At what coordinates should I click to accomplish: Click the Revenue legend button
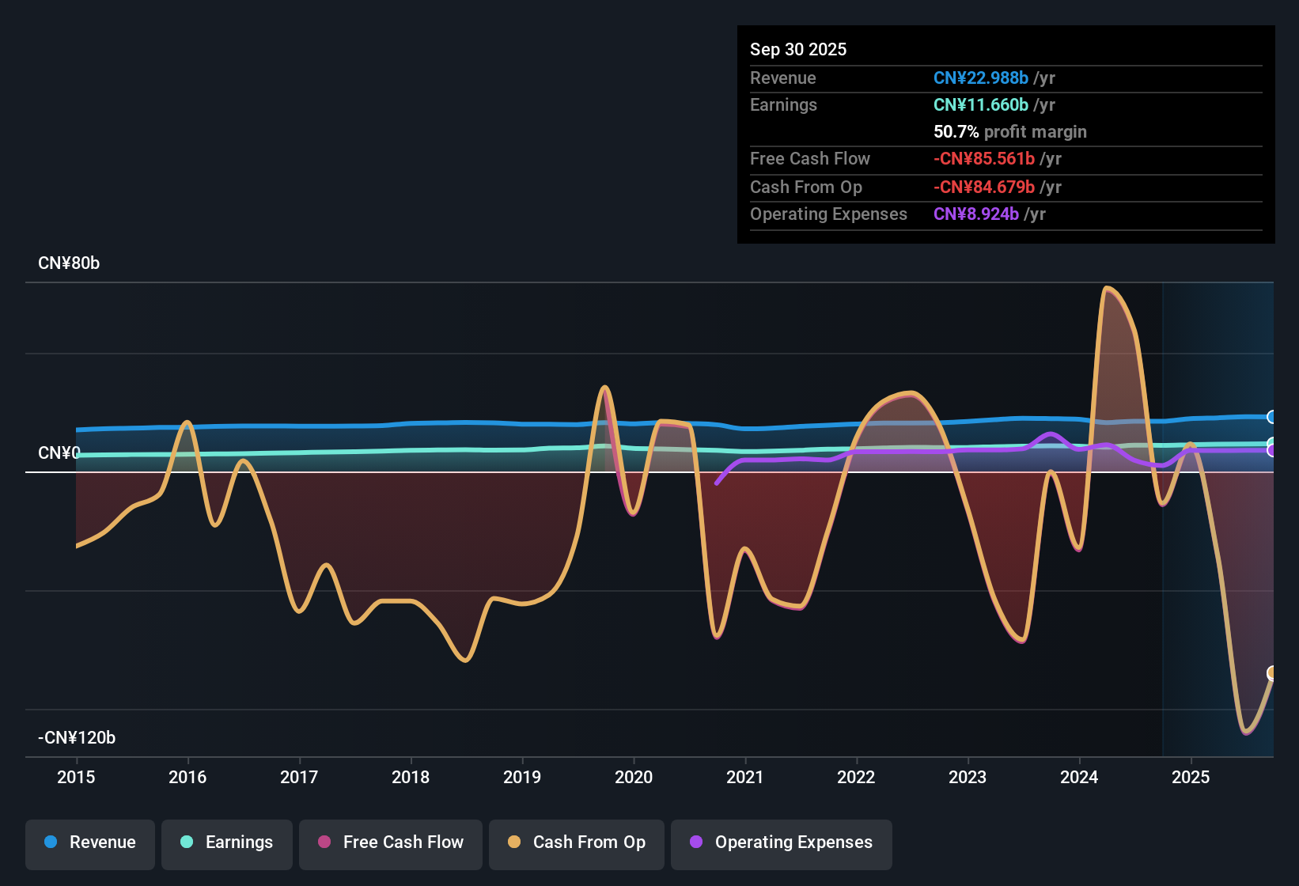pyautogui.click(x=90, y=842)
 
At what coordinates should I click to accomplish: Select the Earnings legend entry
pyautogui.click(x=227, y=842)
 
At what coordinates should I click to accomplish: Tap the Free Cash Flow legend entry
pyautogui.click(x=391, y=842)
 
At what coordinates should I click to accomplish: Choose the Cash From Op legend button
pyautogui.click(x=577, y=842)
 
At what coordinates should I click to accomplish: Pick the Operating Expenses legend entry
pyautogui.click(x=782, y=842)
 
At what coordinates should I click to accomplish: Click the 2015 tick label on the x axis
pyautogui.click(x=76, y=778)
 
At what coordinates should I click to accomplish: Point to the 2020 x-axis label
pyautogui.click(x=634, y=778)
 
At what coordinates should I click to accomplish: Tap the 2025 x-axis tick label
pyautogui.click(x=1191, y=778)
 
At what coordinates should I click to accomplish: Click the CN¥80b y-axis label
pyautogui.click(x=69, y=263)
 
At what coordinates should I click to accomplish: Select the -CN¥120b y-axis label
pyautogui.click(x=77, y=738)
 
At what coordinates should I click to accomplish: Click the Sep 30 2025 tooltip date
pyautogui.click(x=798, y=50)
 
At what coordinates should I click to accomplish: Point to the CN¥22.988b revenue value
pyautogui.click(x=981, y=78)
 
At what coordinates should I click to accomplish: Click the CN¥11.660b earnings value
pyautogui.click(x=981, y=105)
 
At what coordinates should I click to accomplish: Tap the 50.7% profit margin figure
pyautogui.click(x=956, y=132)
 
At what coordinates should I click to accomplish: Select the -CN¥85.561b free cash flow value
pyautogui.click(x=984, y=159)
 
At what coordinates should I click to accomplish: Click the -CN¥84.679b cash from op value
pyautogui.click(x=984, y=187)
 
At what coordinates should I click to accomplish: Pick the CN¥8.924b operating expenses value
pyautogui.click(x=976, y=214)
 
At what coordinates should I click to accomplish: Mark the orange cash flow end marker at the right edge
pyautogui.click(x=1272, y=673)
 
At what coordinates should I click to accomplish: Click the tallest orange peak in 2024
pyautogui.click(x=1107, y=288)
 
